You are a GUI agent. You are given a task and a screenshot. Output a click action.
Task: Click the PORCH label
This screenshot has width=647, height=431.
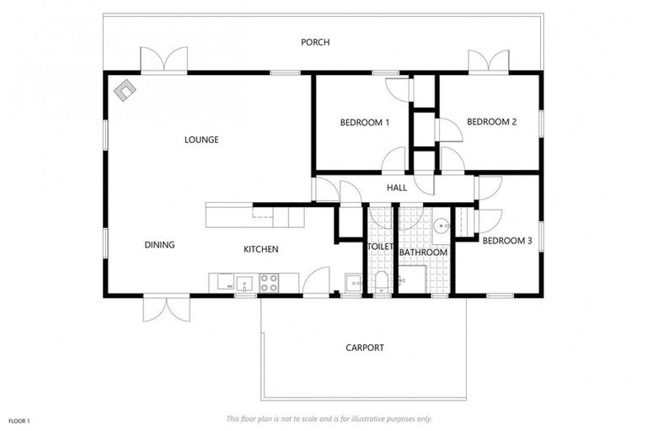(x=318, y=42)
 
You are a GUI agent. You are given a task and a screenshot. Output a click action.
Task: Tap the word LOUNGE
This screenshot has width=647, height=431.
(x=201, y=140)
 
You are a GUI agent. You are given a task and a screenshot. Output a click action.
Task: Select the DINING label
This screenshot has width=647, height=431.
(x=159, y=245)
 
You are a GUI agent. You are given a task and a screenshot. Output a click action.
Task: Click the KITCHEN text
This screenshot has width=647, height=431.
(x=260, y=249)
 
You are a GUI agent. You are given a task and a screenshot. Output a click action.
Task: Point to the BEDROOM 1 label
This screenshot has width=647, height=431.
(x=364, y=123)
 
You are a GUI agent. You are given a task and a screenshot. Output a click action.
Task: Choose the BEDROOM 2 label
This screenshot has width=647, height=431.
(x=491, y=122)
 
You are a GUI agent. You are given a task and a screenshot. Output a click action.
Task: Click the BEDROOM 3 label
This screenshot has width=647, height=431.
(x=506, y=240)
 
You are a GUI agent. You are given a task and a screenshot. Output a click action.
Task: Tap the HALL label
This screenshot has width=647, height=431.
(x=397, y=188)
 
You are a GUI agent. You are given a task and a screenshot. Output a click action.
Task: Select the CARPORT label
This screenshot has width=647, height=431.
(x=365, y=347)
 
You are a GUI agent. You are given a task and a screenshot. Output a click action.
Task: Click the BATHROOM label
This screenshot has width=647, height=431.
(x=423, y=252)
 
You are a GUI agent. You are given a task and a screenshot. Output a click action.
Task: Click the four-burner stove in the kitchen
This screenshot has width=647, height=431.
(x=270, y=283)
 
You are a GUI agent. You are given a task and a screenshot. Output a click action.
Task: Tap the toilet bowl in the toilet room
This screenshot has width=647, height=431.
(x=380, y=281)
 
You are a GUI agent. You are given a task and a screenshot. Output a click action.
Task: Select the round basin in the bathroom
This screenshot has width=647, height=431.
(x=441, y=226)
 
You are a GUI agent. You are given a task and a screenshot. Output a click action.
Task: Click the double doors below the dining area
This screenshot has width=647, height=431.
(x=163, y=307)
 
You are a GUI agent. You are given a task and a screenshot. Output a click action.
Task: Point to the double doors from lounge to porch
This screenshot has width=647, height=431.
(x=163, y=61)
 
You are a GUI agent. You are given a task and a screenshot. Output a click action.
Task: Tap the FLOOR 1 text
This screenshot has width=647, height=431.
(x=19, y=419)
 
